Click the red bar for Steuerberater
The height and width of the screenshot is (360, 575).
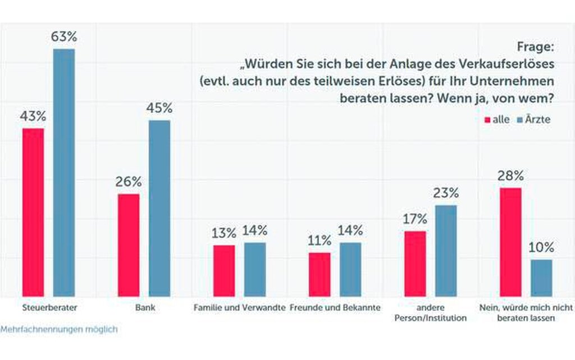coord(33,212)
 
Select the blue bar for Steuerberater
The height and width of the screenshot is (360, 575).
coord(63,172)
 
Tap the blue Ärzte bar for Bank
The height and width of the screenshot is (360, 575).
coord(159,208)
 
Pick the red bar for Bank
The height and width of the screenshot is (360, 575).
coord(129,245)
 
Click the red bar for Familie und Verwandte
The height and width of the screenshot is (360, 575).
coord(224,271)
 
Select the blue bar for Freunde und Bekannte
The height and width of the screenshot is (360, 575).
coord(351,270)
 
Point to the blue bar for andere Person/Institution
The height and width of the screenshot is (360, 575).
coord(446,250)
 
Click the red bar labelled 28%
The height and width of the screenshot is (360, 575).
coord(510,242)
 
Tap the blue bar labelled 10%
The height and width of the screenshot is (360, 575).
coord(541,278)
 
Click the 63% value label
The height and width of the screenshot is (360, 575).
coord(64,38)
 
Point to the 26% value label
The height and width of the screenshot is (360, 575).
coord(129,182)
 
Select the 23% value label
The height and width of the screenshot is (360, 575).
coord(446,193)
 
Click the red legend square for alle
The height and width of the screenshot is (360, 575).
coord(487,120)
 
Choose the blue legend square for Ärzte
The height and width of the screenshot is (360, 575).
coord(520,120)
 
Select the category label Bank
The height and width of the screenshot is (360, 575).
coord(144,308)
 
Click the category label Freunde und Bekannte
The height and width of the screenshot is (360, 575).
coord(336,308)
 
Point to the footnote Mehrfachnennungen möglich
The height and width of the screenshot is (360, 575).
coord(59,329)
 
